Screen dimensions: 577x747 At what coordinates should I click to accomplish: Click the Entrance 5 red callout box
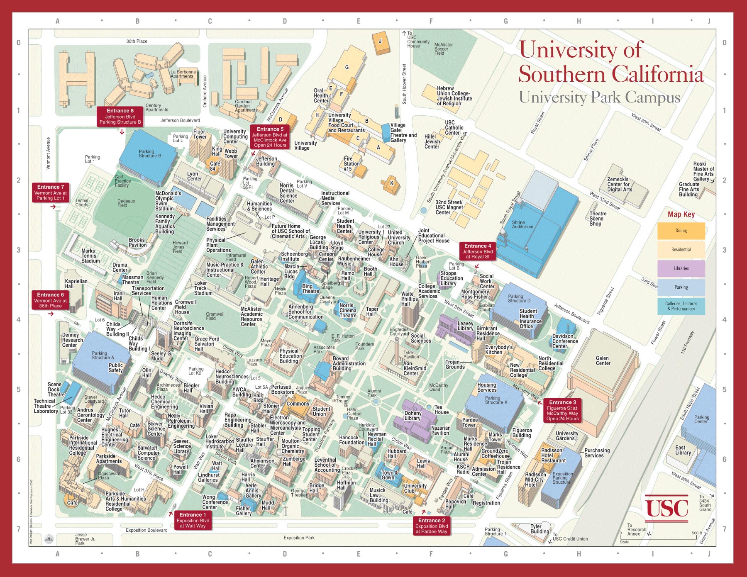[x=270, y=137]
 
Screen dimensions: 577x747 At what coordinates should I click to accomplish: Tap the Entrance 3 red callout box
[x=562, y=410]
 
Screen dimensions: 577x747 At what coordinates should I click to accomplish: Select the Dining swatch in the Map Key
[x=681, y=231]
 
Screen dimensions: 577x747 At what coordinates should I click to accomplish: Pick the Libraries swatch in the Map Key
[x=681, y=268]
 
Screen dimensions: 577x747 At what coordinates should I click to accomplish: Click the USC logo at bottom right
[x=666, y=508]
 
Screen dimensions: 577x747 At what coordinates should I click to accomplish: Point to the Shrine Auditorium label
[x=522, y=224]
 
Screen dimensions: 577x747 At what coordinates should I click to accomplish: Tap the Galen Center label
[x=603, y=360]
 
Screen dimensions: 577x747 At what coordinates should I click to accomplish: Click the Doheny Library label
[x=413, y=416]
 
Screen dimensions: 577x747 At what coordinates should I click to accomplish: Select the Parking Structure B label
[x=149, y=153]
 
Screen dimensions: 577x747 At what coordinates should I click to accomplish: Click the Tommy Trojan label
[x=342, y=399]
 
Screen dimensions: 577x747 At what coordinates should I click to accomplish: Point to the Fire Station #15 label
[x=351, y=163]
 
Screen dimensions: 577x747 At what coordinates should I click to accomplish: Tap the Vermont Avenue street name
[x=48, y=153]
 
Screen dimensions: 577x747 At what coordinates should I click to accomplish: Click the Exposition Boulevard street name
[x=146, y=530]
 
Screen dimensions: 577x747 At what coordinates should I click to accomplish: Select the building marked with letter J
[x=380, y=41]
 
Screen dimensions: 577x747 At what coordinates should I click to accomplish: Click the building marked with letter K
[x=391, y=183]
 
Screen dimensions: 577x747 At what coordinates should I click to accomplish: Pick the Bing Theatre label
[x=310, y=289]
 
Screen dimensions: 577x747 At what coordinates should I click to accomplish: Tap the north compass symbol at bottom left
[x=49, y=539]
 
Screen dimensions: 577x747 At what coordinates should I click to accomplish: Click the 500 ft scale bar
[x=658, y=537]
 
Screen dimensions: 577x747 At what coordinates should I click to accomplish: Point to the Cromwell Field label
[x=215, y=316]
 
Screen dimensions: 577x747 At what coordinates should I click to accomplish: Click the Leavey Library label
[x=465, y=326]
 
